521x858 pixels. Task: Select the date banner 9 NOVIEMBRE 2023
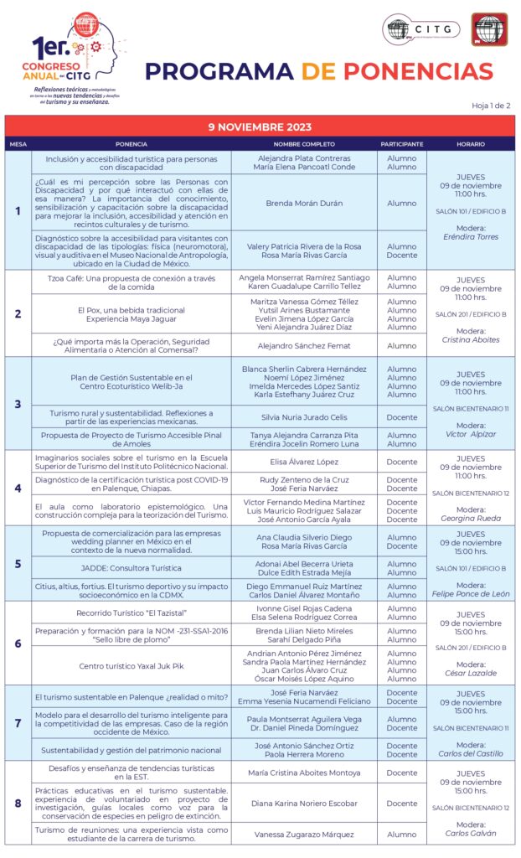coord(260,127)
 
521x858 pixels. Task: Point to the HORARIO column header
coord(470,144)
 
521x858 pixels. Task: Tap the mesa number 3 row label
coord(18,404)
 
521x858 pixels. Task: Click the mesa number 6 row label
coord(18,643)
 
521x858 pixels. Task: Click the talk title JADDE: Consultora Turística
coord(131,568)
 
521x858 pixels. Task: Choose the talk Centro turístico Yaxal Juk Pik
coord(131,666)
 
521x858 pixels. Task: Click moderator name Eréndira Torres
coord(470,237)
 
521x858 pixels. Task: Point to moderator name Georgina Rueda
coord(470,519)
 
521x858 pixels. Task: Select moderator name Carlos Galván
coord(470,833)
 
